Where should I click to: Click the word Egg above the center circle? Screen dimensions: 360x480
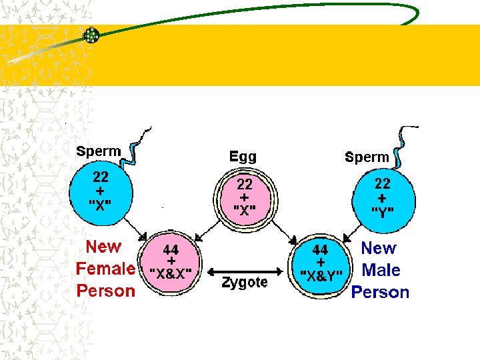click(x=243, y=157)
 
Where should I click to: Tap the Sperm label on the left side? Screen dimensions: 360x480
click(x=98, y=151)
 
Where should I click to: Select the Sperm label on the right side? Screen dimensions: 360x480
click(x=367, y=157)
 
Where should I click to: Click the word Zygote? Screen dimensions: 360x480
click(x=245, y=283)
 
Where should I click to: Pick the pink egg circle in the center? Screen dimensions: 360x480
click(x=245, y=197)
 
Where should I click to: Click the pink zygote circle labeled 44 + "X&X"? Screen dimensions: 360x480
click(x=171, y=261)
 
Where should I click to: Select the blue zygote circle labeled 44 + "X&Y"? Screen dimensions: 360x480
click(x=321, y=262)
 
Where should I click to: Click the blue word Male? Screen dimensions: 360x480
click(x=381, y=271)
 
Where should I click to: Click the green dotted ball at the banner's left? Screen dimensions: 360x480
click(x=91, y=36)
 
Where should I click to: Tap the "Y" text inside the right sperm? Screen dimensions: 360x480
click(x=382, y=213)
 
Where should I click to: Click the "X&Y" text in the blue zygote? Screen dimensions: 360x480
click(x=321, y=275)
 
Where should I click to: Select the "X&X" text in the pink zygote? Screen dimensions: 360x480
click(x=171, y=273)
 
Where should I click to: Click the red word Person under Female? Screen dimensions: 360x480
click(x=105, y=291)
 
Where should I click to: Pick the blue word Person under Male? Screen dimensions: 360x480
click(x=380, y=293)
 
